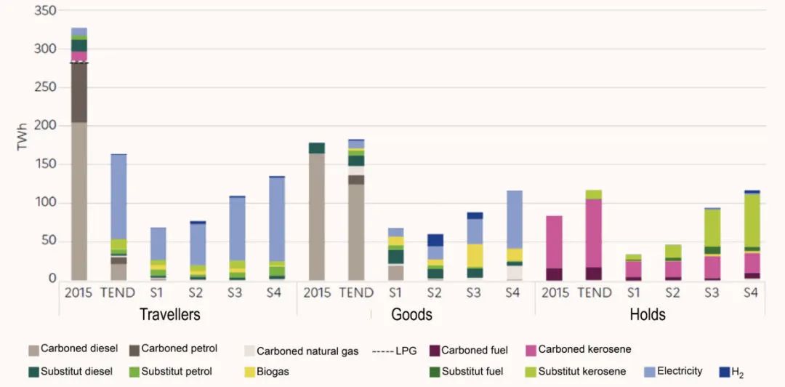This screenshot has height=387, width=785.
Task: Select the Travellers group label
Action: [169, 315]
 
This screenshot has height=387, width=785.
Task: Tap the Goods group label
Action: [411, 315]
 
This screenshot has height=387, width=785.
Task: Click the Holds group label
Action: [647, 315]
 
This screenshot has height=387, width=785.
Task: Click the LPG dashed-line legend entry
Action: [394, 351]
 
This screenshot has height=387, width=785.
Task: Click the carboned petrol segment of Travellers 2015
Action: [79, 92]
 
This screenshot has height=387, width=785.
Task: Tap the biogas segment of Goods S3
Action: [475, 255]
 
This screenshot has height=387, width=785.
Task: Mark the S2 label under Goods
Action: [435, 293]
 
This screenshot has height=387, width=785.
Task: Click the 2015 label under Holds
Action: [555, 293]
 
